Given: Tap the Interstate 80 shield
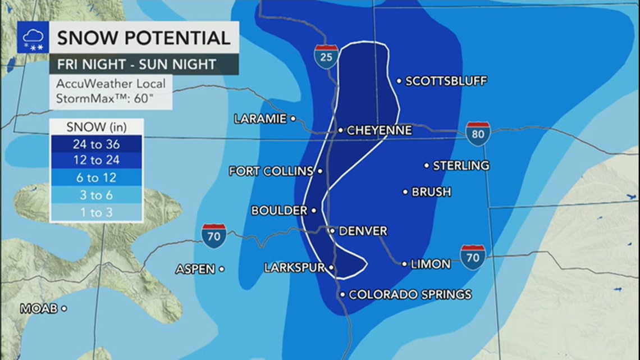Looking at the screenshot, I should (478, 134).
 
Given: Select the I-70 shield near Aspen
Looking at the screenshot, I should (214, 236).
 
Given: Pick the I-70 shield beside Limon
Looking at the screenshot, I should (473, 257).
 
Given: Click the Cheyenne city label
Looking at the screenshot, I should (379, 130).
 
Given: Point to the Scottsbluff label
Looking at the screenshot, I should (446, 81).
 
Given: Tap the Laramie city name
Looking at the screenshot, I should (260, 119).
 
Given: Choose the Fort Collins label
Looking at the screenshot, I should (271, 171).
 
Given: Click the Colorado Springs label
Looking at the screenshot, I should (410, 294).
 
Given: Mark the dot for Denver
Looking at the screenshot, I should (332, 230).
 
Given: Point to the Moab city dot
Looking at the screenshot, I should (65, 308).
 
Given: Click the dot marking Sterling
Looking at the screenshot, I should (427, 166).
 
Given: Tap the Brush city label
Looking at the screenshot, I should (431, 192).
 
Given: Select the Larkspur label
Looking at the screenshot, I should (294, 268).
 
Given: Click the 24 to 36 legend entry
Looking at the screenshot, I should (96, 144).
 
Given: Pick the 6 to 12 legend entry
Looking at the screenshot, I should (96, 177).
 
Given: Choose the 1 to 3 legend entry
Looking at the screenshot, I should (96, 212).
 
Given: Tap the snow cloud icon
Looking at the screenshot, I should (33, 38).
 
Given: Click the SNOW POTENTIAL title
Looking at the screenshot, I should (144, 38).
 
